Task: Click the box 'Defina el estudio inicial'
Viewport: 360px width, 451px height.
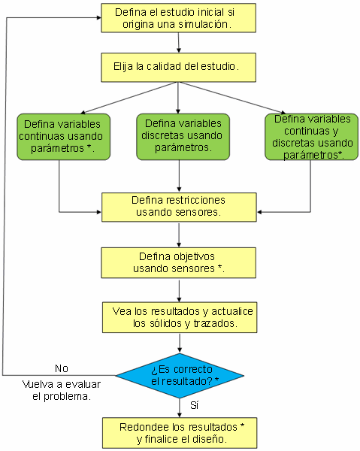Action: tap(178, 18)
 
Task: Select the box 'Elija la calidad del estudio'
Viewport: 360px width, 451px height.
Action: tap(178, 68)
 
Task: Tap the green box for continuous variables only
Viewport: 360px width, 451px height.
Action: tap(64, 137)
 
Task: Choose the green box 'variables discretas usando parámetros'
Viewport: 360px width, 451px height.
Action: tap(183, 137)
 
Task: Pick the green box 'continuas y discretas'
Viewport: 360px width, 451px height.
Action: tap(311, 137)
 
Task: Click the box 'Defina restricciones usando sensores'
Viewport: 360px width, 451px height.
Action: tap(179, 207)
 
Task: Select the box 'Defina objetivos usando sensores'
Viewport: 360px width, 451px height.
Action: tap(178, 262)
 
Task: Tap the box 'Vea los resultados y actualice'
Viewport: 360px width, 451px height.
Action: tap(180, 317)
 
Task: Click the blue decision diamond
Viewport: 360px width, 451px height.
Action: tap(180, 375)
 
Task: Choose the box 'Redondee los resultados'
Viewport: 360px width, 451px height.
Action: tap(180, 433)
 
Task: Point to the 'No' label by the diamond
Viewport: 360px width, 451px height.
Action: tap(62, 368)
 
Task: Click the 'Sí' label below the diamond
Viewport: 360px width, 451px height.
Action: tap(195, 405)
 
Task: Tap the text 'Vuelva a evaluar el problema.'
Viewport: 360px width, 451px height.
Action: tap(62, 390)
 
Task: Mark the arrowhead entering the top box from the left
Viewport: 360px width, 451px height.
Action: tap(99, 18)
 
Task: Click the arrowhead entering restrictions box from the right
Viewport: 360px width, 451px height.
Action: tap(259, 212)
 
